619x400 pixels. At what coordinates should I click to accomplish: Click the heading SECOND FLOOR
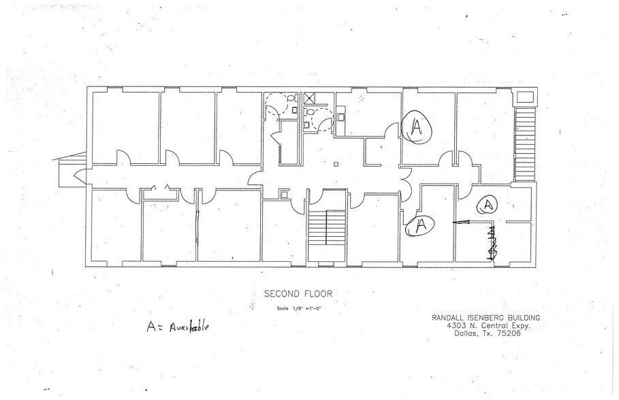tap(298, 295)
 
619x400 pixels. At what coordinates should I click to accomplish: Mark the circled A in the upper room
tap(417, 127)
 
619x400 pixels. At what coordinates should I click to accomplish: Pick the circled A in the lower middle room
tap(419, 226)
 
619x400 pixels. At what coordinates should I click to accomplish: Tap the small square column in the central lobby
tap(336, 163)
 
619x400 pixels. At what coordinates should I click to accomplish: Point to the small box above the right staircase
tap(524, 97)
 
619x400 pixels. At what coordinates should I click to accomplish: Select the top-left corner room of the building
tap(125, 127)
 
